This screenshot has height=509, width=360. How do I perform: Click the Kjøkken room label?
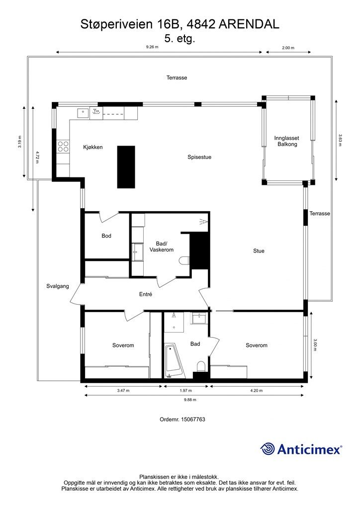pyautogui.click(x=93, y=147)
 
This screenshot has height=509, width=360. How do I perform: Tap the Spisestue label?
pyautogui.click(x=199, y=157)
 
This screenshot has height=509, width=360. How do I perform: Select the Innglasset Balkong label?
pyautogui.click(x=287, y=141)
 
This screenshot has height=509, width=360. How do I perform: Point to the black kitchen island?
pyautogui.click(x=126, y=167)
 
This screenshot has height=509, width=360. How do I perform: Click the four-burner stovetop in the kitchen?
pyautogui.click(x=63, y=147)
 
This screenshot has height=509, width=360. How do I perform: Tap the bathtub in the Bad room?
pyautogui.click(x=174, y=361)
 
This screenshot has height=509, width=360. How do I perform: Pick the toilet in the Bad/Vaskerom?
pyautogui.click(x=184, y=261)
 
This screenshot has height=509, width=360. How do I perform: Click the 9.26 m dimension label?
pyautogui.click(x=152, y=47)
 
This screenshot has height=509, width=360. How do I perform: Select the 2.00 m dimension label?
pyautogui.click(x=288, y=48)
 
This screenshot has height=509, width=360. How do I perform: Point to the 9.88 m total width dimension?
pyautogui.click(x=190, y=400)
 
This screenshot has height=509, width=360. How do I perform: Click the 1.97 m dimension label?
pyautogui.click(x=185, y=391)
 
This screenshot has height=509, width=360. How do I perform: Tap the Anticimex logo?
pyautogui.click(x=301, y=449)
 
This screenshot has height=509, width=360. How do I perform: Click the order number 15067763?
pyautogui.click(x=182, y=420)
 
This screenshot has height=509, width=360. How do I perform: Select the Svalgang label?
pyautogui.click(x=58, y=286)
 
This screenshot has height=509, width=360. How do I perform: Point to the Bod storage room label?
pyautogui.click(x=106, y=236)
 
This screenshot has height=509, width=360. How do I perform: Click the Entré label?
pyautogui.click(x=145, y=294)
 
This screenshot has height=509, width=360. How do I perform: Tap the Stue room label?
pyautogui.click(x=259, y=251)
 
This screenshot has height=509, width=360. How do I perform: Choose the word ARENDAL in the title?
pyautogui.click(x=249, y=24)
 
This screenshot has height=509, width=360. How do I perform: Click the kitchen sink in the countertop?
pyautogui.click(x=83, y=113)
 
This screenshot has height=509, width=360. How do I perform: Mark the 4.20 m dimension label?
pyautogui.click(x=257, y=391)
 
